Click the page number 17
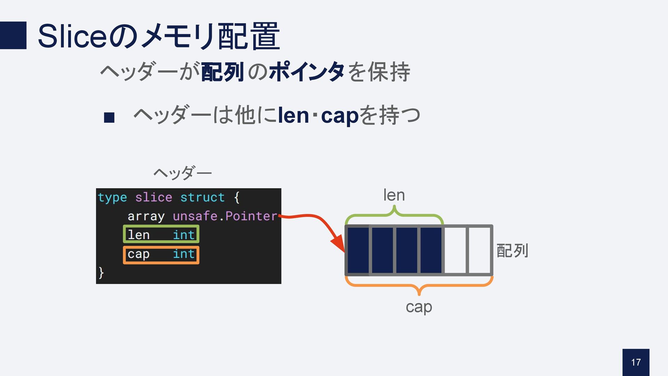636,362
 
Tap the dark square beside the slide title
13,35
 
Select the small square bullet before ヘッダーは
109,117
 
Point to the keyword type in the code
112,198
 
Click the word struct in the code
202,198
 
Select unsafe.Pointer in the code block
225,216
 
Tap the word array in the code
146,216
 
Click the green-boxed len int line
161,235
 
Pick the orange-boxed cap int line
161,255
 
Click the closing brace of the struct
101,272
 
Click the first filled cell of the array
358,250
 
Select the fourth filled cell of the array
431,250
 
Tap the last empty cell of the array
479,250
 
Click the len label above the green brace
394,195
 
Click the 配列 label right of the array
512,251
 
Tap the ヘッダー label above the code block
183,173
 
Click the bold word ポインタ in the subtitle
307,72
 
